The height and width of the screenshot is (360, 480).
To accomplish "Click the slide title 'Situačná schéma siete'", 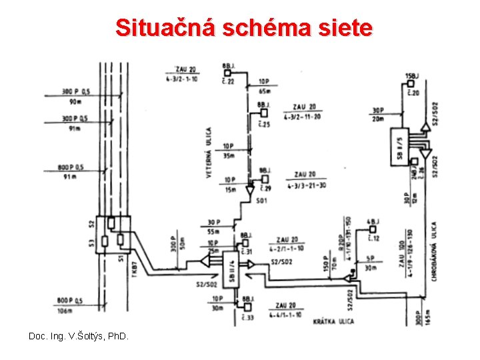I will [x=244, y=28].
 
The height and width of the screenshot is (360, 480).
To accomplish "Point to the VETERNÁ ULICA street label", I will [x=209, y=153].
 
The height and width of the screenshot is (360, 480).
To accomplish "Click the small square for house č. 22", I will [x=227, y=73].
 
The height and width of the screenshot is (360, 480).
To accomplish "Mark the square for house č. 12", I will [x=371, y=230].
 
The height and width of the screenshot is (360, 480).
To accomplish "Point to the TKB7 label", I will [x=134, y=269].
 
